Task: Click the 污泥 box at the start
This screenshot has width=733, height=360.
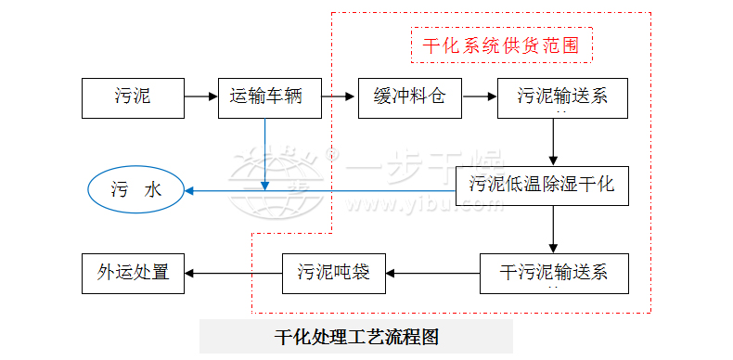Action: [133, 96]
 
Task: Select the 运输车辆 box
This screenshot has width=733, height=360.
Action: [270, 96]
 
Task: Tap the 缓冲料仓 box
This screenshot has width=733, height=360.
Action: [410, 96]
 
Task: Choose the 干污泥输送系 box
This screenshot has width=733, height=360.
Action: [553, 273]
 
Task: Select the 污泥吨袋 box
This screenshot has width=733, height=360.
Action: [334, 273]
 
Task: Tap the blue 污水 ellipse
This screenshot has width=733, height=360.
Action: [136, 190]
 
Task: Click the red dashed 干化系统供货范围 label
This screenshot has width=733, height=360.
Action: [501, 45]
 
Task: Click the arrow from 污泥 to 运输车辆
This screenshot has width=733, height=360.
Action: [200, 96]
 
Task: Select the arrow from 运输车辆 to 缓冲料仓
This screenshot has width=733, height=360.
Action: [340, 96]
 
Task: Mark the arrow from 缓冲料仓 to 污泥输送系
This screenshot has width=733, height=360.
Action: [480, 96]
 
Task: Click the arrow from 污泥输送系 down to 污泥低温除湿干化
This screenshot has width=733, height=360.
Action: [553, 141]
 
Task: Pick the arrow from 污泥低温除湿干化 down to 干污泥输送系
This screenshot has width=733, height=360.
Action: [553, 229]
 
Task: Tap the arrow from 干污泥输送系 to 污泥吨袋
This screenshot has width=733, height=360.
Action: [433, 273]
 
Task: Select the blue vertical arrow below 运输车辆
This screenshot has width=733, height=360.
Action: [266, 154]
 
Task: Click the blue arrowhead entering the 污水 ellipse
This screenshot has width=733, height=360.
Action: [190, 191]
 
